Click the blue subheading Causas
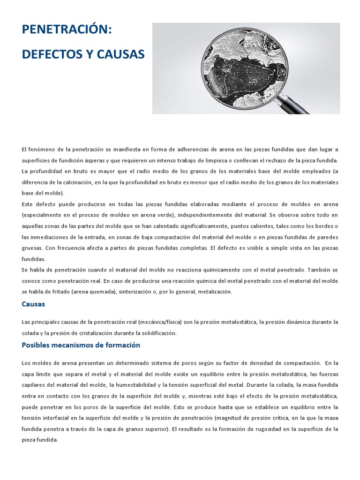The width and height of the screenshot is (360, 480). [33, 304]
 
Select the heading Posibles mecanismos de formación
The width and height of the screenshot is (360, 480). [81, 345]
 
